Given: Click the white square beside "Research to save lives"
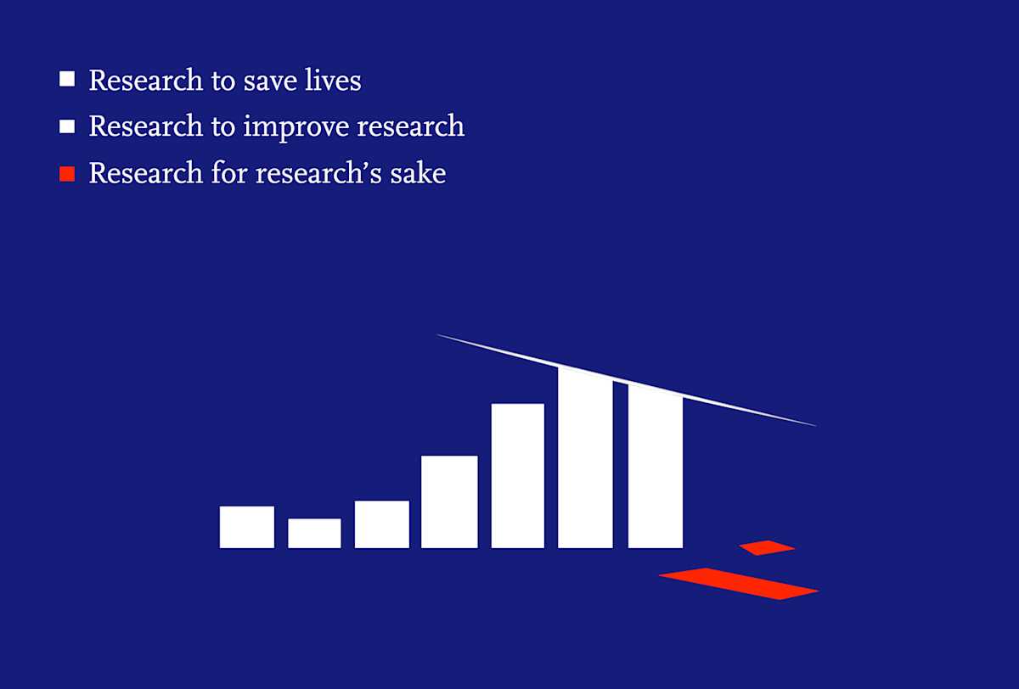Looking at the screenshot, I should tap(67, 80).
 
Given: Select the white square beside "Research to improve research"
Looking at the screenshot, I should tap(67, 126).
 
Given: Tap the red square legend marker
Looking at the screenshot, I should tap(67, 174).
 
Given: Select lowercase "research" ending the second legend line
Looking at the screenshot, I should tap(410, 127).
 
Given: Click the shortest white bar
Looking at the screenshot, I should tap(314, 534).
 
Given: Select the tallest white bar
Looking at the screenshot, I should tap(585, 458).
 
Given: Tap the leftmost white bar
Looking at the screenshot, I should tap(246, 527).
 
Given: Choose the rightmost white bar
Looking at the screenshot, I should tap(655, 467).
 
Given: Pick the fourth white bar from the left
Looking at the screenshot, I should tap(449, 501).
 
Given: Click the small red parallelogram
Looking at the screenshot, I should tap(767, 547).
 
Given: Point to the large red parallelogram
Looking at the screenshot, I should tap(739, 583).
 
